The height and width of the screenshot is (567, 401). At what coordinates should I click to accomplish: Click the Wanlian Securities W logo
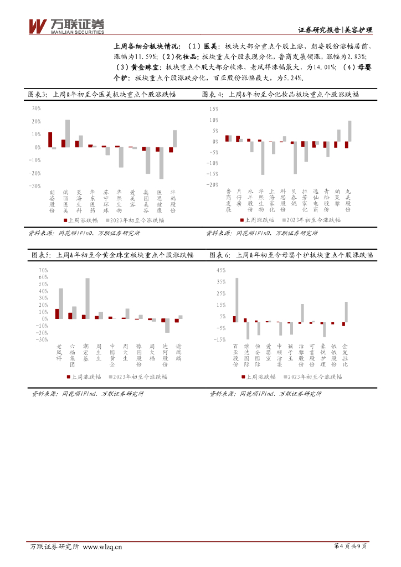pyautogui.click(x=37, y=25)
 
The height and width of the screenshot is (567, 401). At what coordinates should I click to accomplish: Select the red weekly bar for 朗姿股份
pyautogui.click(x=50, y=140)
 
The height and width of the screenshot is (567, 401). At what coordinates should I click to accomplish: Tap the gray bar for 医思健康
pyautogui.click(x=162, y=163)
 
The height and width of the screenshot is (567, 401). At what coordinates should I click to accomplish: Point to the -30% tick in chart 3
pyautogui.click(x=36, y=187)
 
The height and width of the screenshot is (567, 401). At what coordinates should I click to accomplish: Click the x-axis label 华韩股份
pyautogui.click(x=173, y=201)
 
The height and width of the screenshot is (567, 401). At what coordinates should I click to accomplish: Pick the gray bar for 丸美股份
pyautogui.click(x=349, y=131)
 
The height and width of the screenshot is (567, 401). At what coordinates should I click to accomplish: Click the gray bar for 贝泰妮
pyautogui.click(x=296, y=158)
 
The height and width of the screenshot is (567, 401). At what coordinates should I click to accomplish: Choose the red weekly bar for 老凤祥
pyautogui.click(x=57, y=313)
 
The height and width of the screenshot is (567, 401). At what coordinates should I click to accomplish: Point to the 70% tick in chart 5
pyautogui.click(x=44, y=270)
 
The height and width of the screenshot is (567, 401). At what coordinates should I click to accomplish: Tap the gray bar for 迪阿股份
pyautogui.click(x=167, y=326)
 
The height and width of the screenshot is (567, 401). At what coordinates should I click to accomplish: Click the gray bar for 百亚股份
pyautogui.click(x=237, y=300)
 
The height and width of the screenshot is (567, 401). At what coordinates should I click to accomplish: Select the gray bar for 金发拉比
pyautogui.click(x=346, y=312)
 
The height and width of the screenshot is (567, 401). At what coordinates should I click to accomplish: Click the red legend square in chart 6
pyautogui.click(x=243, y=377)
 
